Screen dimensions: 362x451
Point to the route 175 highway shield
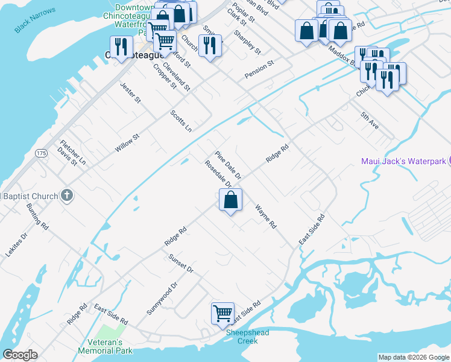(41, 153)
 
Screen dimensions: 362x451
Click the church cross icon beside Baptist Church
(67, 195)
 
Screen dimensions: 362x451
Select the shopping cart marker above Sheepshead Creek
(222, 314)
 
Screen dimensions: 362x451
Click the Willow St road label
(127, 144)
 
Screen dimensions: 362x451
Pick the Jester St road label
(130, 92)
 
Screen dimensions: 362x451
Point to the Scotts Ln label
(180, 121)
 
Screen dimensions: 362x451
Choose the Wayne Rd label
(265, 217)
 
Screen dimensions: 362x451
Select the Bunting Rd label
(37, 217)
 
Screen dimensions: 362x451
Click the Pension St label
(259, 69)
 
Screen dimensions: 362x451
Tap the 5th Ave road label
(369, 121)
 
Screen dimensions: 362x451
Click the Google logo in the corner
(19, 355)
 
